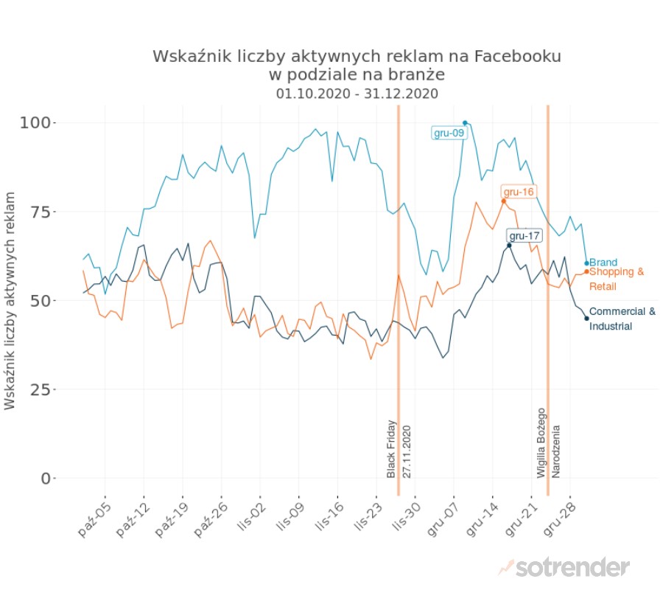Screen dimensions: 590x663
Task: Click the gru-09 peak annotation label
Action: click(x=448, y=133)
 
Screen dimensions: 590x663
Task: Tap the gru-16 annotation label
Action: click(x=518, y=192)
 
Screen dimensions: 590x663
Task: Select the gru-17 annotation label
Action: click(x=525, y=236)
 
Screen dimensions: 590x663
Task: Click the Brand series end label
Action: click(x=603, y=263)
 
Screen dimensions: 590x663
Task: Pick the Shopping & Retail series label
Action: click(x=617, y=279)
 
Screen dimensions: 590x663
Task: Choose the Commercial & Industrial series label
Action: click(x=622, y=319)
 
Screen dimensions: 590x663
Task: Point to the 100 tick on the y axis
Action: click(x=37, y=122)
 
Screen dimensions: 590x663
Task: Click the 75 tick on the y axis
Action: click(x=41, y=212)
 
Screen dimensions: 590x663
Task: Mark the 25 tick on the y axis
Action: click(x=41, y=389)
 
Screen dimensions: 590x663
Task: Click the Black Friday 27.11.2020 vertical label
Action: click(x=397, y=449)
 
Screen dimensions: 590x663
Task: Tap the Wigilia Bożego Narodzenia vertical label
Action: click(x=548, y=442)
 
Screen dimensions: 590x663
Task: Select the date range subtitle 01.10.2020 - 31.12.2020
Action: click(x=357, y=94)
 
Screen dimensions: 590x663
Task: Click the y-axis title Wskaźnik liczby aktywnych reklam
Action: click(x=11, y=300)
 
